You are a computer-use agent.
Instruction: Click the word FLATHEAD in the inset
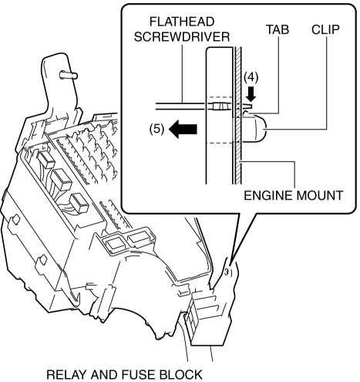[x=182, y=22]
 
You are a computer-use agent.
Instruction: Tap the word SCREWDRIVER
[x=182, y=37]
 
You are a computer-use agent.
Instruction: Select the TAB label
[x=278, y=29]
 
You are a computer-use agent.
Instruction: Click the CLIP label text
[x=325, y=29]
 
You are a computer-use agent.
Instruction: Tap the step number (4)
[x=251, y=77]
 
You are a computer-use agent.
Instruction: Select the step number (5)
[x=156, y=129]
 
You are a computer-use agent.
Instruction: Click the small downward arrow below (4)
[x=251, y=94]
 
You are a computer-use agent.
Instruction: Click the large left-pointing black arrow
[x=183, y=129]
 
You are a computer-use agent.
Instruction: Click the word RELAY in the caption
[x=66, y=375]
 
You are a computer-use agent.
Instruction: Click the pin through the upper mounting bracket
[x=69, y=75]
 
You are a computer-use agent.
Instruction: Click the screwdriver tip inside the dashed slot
[x=221, y=106]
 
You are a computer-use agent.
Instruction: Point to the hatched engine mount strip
[x=238, y=115]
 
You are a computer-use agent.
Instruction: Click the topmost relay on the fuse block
[x=46, y=159]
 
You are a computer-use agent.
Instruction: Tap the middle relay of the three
[x=61, y=180]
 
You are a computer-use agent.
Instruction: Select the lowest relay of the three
[x=79, y=203]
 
